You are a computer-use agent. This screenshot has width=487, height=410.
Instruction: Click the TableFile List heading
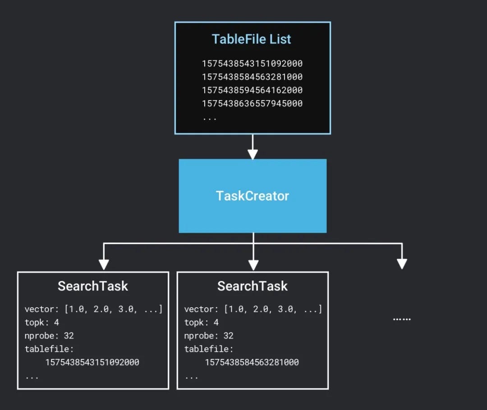coord(252,39)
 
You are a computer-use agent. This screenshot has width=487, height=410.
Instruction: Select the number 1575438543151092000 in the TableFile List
coord(252,64)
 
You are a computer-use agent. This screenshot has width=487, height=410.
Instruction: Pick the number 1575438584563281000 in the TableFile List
coord(252,77)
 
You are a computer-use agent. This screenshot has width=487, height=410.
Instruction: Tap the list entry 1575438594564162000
coord(252,90)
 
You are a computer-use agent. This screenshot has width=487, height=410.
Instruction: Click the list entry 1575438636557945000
coord(252,104)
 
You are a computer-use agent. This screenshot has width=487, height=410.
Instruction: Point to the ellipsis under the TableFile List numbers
coord(209,118)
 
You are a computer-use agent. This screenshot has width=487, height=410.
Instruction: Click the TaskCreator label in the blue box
coord(253,196)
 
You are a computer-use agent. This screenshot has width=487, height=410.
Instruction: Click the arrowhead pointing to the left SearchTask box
coord(104,264)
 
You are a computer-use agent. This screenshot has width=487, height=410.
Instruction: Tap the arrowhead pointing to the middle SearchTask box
coord(253,264)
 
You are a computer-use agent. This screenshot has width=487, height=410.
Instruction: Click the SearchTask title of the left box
coord(93,286)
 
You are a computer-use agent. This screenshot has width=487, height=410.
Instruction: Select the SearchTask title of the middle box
coord(253,286)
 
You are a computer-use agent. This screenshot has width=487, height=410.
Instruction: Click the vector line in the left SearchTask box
coord(93,309)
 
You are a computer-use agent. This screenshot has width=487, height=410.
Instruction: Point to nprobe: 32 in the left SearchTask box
coord(49,336)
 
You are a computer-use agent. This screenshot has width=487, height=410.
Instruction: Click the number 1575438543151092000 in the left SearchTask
coord(92,363)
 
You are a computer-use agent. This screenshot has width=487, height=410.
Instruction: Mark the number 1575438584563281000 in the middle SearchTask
coord(252,363)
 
